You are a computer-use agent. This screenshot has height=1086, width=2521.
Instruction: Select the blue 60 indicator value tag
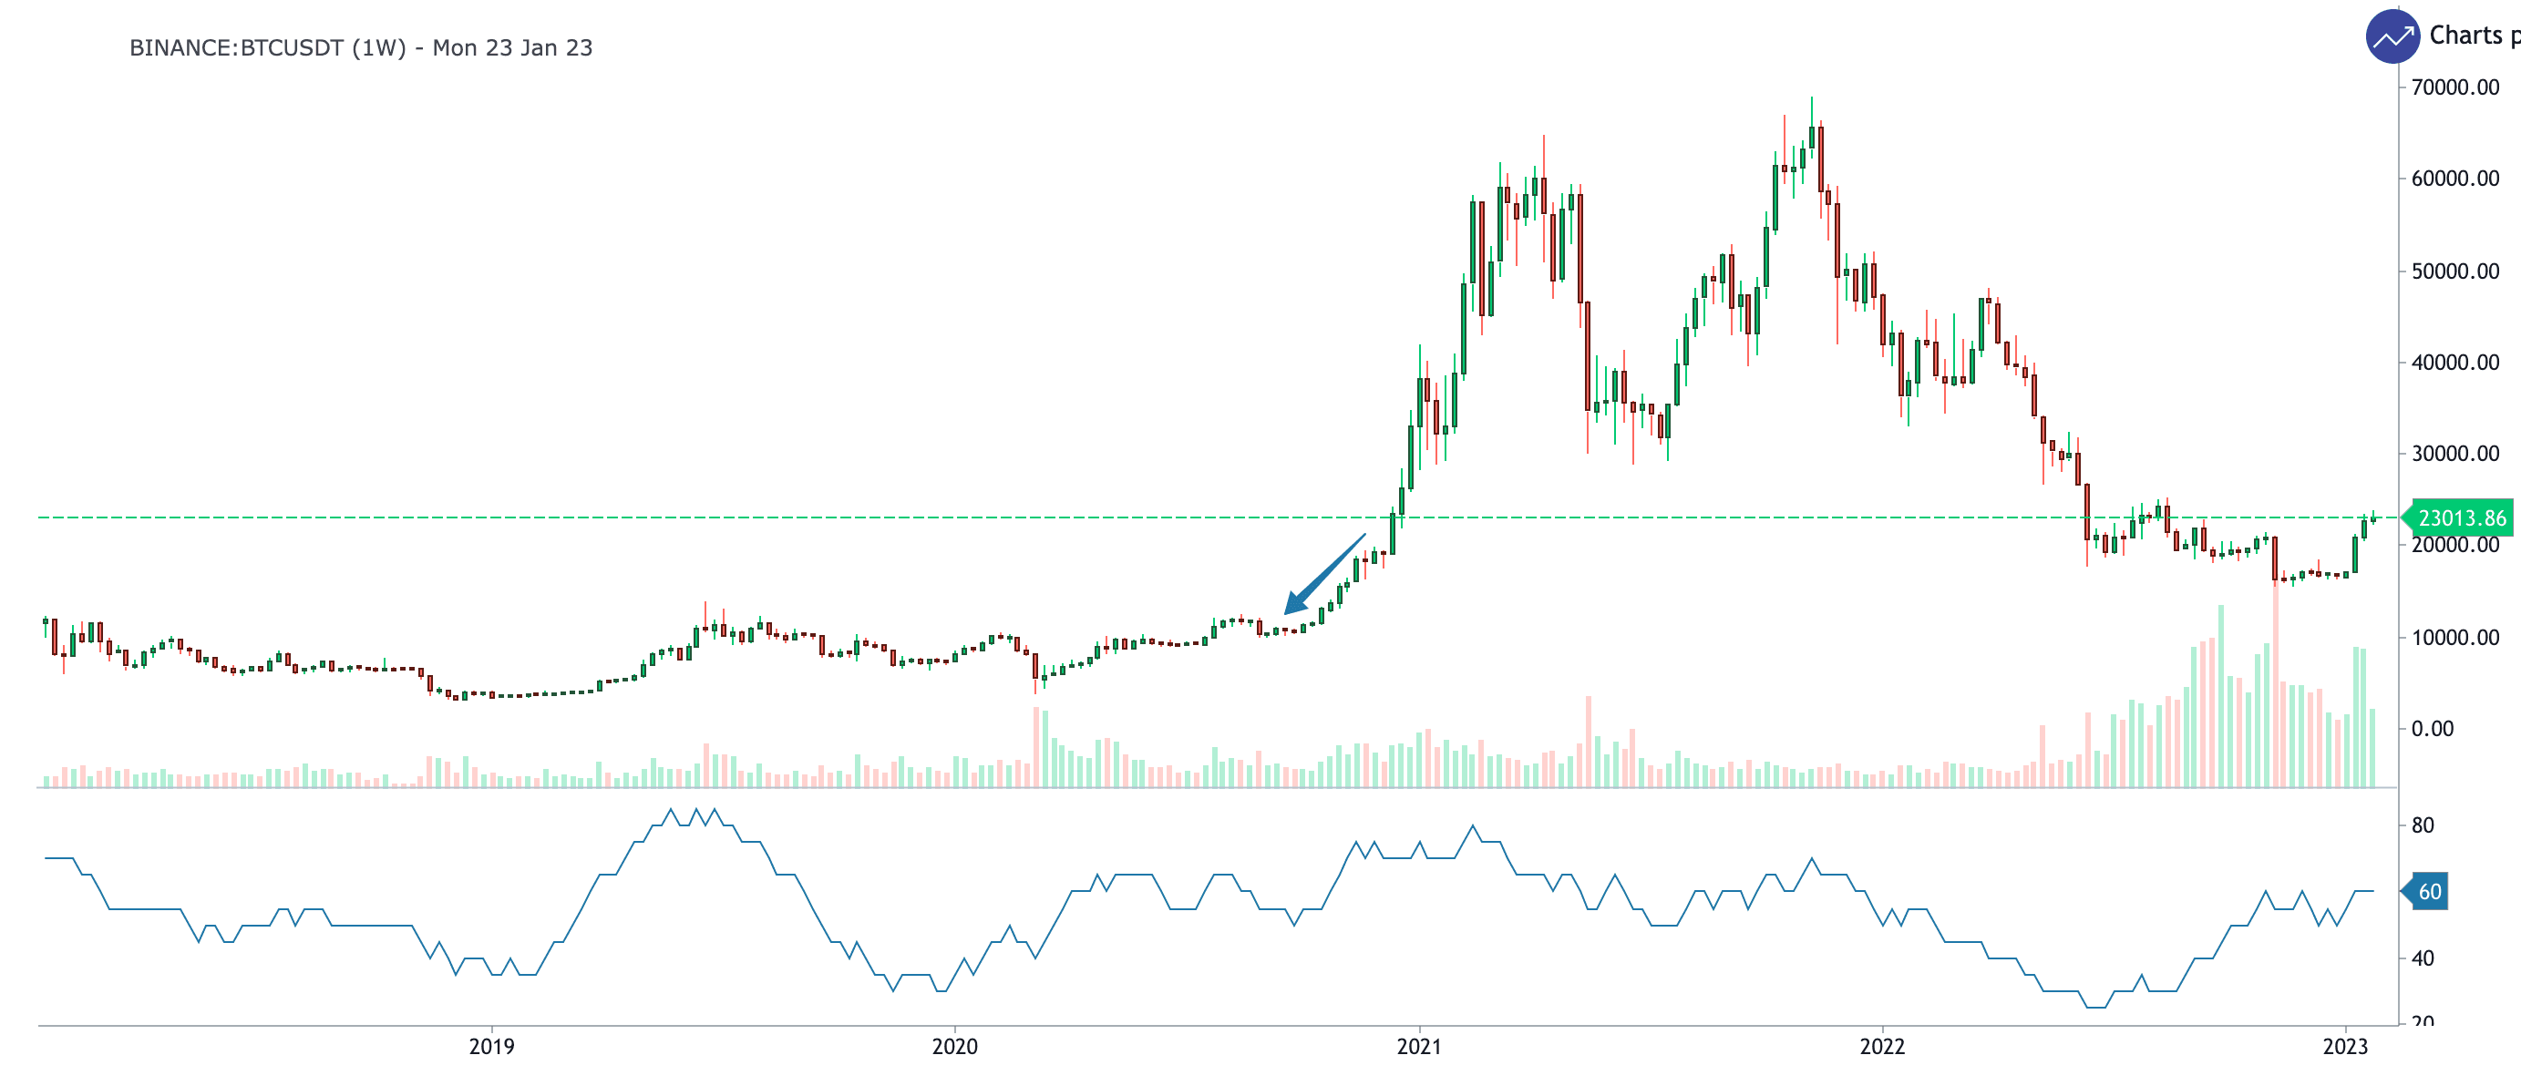click(x=2429, y=891)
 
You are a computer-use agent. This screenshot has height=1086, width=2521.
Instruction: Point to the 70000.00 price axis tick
click(x=2454, y=87)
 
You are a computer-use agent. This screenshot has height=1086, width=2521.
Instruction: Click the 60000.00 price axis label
click(x=2454, y=178)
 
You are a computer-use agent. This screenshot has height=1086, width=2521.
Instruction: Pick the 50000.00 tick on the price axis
click(x=2454, y=271)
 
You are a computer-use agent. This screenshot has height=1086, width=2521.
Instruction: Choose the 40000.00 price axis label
click(x=2454, y=362)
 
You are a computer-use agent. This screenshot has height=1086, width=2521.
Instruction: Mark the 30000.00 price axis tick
click(x=2454, y=453)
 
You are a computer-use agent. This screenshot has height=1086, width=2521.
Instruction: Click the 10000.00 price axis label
click(x=2454, y=637)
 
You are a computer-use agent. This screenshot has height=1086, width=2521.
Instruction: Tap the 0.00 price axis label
click(x=2432, y=729)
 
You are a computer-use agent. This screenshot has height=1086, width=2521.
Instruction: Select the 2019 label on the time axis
click(x=491, y=1046)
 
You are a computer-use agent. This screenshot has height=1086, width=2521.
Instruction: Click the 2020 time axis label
click(x=954, y=1046)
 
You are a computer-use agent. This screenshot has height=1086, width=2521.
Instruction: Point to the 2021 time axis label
click(x=1419, y=1046)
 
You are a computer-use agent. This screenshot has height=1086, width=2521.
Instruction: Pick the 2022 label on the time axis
click(x=1882, y=1046)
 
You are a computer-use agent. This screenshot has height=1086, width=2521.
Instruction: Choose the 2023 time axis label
click(x=2345, y=1046)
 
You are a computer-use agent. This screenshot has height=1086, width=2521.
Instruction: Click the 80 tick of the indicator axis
click(x=2423, y=825)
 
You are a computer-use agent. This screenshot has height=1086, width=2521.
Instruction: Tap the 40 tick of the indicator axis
click(x=2423, y=958)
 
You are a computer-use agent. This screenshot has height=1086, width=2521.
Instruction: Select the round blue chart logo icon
click(x=2392, y=37)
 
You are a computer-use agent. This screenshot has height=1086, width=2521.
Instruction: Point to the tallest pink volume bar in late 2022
click(x=2275, y=685)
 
